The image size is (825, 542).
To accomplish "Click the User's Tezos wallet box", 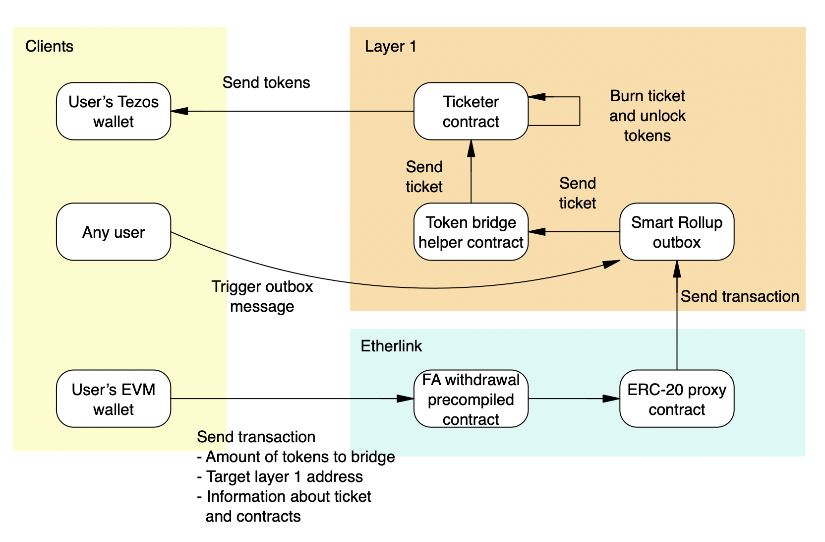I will pyautogui.click(x=114, y=111).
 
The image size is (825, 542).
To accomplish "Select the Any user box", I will pyautogui.click(x=114, y=232).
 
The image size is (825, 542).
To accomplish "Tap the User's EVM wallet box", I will pyautogui.click(x=114, y=399).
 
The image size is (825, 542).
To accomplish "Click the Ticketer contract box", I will pyautogui.click(x=471, y=111).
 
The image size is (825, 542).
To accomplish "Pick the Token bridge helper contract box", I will pyautogui.click(x=471, y=232).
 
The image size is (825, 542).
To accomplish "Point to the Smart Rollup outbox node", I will pyautogui.click(x=676, y=232).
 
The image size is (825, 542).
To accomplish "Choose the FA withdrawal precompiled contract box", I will pyautogui.click(x=471, y=399).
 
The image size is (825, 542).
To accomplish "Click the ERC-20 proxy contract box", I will pyautogui.click(x=676, y=399).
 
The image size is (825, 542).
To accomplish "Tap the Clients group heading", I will pyautogui.click(x=49, y=46).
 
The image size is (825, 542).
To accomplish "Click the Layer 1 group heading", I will pyautogui.click(x=390, y=46).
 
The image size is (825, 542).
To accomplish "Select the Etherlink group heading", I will pyautogui.click(x=391, y=346).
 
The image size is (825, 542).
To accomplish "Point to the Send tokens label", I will pyautogui.click(x=266, y=82).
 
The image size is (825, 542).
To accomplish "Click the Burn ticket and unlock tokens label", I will pyautogui.click(x=647, y=116).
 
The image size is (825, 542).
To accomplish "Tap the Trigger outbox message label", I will pyautogui.click(x=262, y=296).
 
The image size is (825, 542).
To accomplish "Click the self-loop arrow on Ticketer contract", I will pyautogui.click(x=579, y=111).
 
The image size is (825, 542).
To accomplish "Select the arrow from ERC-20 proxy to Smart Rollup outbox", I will pyautogui.click(x=677, y=318).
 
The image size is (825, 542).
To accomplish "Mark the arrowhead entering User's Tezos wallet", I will pyautogui.click(x=179, y=111).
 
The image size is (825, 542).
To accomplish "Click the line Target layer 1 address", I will pyautogui.click(x=280, y=476).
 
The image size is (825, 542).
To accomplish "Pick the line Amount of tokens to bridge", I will pyautogui.click(x=296, y=457).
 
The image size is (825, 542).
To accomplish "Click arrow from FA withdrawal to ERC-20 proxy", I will pyautogui.click(x=570, y=399).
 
